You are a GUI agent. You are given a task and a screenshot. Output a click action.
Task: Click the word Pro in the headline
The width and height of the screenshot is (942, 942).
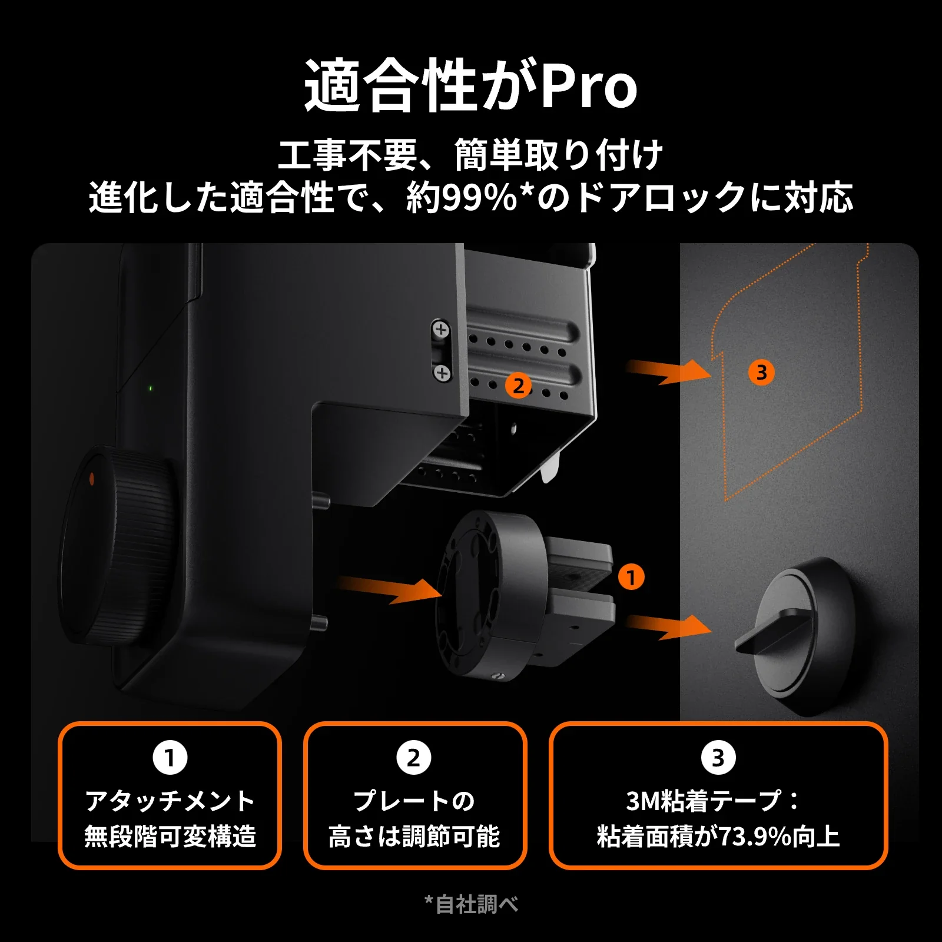pos(589,87)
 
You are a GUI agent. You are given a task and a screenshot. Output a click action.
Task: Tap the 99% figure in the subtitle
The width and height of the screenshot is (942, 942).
pos(479,198)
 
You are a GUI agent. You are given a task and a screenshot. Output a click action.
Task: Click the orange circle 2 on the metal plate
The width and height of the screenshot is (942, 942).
pos(518,386)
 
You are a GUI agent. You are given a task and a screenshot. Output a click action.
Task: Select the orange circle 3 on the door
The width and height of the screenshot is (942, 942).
pos(761,373)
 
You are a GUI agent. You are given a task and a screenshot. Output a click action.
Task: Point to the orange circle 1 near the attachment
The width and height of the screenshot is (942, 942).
pos(631,577)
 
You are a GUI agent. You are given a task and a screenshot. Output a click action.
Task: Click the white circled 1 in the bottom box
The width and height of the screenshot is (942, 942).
pos(170,758)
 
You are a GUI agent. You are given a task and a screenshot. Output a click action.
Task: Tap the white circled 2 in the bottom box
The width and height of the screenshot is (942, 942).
pos(414,758)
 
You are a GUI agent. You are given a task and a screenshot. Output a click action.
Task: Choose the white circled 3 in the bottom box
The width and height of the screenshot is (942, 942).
pos(718,758)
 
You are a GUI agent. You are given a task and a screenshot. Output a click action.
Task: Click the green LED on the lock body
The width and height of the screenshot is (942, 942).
pos(150,389)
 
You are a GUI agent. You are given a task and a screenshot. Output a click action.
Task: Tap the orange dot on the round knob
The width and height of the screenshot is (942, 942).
pos(91,479)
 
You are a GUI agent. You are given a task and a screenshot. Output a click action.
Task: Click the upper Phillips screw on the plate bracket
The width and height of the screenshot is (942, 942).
pos(441,330)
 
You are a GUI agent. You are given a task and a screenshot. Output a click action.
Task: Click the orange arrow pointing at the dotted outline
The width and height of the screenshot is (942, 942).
pos(671,372)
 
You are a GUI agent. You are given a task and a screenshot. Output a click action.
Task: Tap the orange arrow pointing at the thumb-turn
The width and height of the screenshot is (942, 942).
pos(671,626)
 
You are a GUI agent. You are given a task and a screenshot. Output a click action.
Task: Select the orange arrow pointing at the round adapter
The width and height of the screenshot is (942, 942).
pos(392,589)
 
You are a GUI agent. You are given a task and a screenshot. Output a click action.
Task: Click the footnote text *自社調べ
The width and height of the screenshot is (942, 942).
pos(471,904)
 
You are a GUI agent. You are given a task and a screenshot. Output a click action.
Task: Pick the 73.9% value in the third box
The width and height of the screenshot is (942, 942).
pos(755,837)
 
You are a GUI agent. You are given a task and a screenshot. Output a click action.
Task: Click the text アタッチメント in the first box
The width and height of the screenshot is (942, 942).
pos(170,801)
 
